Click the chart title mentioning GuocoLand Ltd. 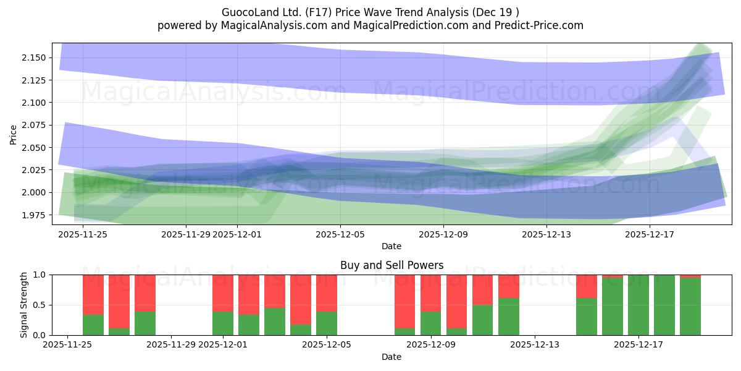[370, 12]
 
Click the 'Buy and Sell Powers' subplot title [391, 265]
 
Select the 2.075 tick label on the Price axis [35, 125]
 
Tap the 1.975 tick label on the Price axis [35, 215]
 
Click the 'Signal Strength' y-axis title [24, 304]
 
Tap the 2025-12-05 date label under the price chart [340, 234]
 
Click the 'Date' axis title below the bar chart [391, 357]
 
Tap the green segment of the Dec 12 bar [509, 317]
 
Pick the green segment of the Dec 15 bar [587, 317]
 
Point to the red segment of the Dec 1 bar [223, 293]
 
